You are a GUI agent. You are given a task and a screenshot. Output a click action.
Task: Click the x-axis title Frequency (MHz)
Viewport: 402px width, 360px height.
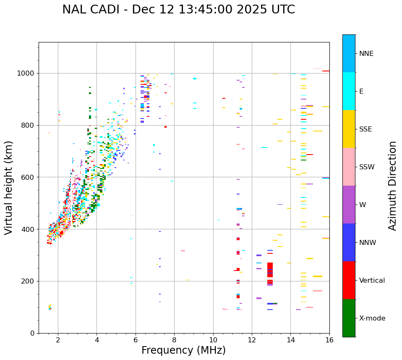tap(183, 350)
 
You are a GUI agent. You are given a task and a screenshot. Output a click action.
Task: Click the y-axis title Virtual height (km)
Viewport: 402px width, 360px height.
tap(9, 187)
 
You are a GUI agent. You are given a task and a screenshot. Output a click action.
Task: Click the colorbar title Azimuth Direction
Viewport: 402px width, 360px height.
tap(392, 186)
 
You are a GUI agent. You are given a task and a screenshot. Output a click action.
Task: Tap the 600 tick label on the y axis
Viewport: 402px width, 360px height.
tap(28, 177)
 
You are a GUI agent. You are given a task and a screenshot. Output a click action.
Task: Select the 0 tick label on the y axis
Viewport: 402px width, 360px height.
tap(32, 333)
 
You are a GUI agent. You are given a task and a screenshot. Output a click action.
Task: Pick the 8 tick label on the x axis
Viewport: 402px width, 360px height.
tap(174, 340)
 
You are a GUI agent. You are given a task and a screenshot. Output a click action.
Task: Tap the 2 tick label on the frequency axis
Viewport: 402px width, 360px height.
tap(58, 340)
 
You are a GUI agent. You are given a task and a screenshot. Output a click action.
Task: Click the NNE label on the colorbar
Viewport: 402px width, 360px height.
tap(366, 54)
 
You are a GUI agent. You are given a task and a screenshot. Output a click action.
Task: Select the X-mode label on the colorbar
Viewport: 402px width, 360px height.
tap(372, 318)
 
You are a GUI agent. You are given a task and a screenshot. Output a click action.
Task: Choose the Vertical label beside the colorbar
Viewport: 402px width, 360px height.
tap(372, 281)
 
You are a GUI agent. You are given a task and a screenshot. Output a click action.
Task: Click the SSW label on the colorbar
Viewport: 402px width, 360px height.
tap(367, 167)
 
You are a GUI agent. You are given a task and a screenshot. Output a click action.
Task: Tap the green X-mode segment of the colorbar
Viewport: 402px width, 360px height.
tap(349, 318)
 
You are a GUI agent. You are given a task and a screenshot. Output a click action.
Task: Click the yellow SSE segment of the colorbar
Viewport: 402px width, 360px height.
tap(349, 129)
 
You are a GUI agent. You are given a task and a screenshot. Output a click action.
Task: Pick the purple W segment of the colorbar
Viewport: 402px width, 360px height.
tap(349, 205)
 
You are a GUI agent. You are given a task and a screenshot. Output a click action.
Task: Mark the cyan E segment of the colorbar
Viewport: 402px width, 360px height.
tap(349, 91)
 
